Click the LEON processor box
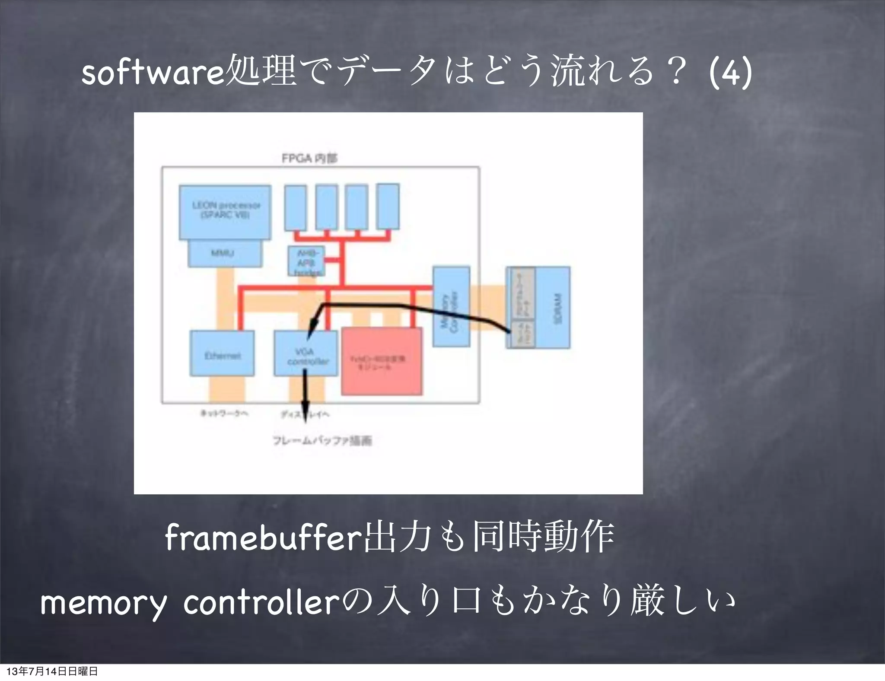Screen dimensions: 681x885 225,212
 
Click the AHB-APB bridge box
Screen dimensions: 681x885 306,261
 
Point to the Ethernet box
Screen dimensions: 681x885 222,354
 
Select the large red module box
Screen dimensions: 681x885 382,361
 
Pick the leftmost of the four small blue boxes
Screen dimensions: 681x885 296,207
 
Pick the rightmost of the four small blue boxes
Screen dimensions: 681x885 388,207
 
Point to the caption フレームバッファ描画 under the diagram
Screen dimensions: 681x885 322,441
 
